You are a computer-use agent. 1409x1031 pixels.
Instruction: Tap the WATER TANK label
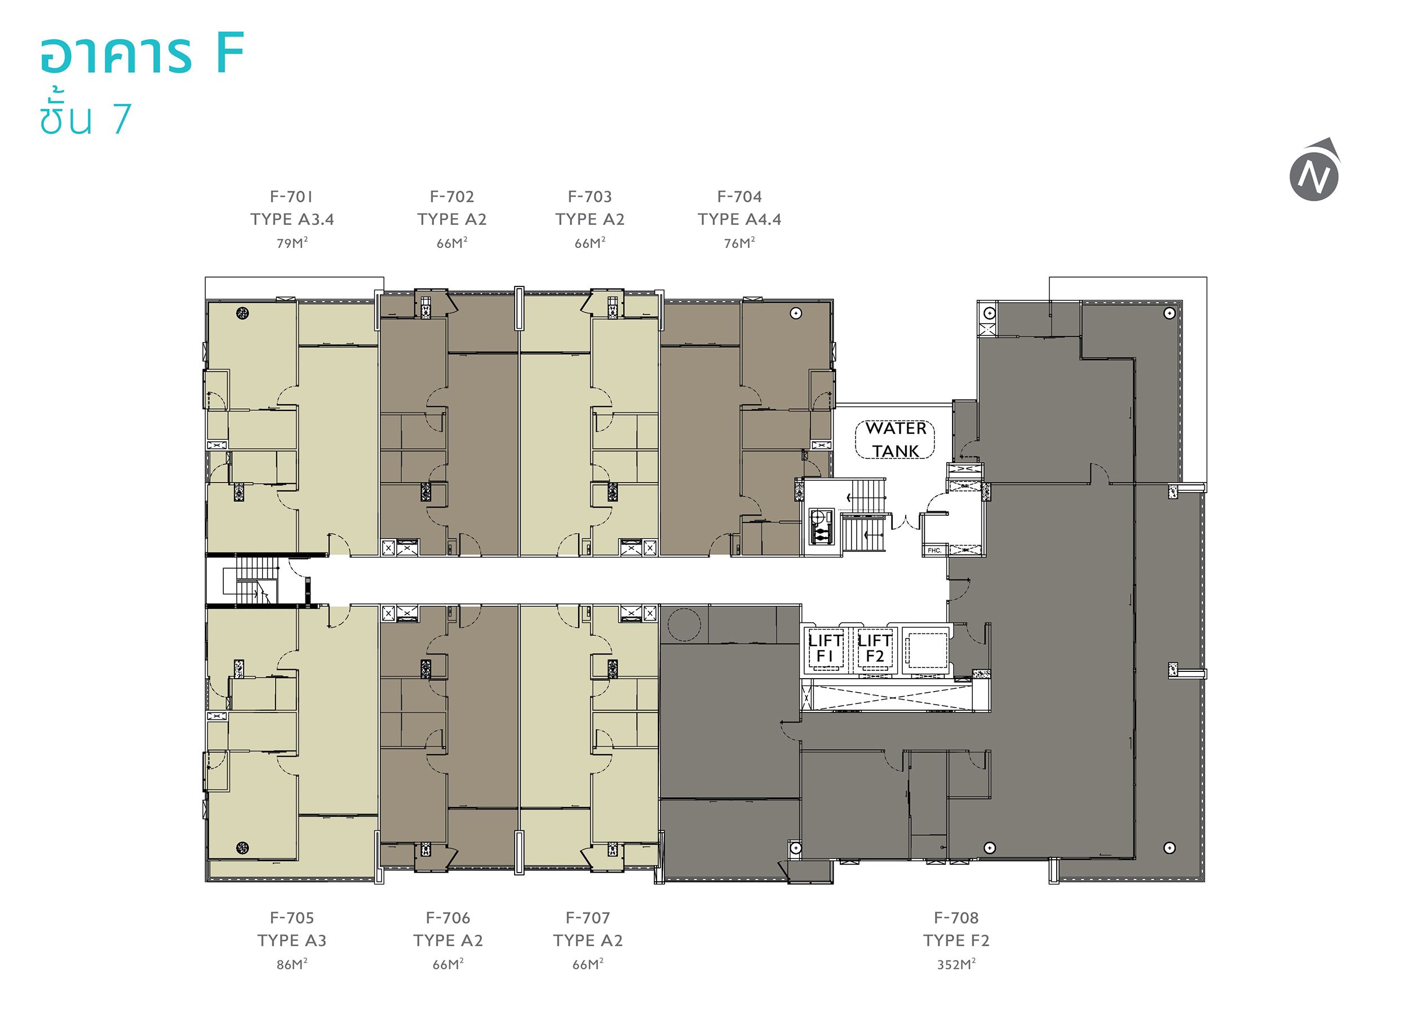point(896,439)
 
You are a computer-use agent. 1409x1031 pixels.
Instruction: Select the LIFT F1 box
point(825,648)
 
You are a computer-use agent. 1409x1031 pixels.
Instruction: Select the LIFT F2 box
point(874,648)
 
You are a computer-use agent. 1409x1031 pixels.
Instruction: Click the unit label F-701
point(291,197)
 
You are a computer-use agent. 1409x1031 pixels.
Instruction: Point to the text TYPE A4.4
point(739,219)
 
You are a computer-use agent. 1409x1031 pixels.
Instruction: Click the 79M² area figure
point(292,243)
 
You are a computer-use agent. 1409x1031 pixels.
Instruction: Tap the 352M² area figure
point(956,964)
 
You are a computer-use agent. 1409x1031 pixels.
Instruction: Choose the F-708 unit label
point(956,918)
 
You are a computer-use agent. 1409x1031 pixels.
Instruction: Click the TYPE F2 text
point(956,940)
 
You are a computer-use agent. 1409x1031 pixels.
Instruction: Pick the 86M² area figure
point(292,964)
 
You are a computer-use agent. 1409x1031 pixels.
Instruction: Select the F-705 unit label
point(292,918)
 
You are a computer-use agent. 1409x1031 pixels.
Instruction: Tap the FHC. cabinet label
point(934,550)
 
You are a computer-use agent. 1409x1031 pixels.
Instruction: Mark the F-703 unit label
point(590,197)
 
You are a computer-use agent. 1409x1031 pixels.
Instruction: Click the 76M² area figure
point(739,243)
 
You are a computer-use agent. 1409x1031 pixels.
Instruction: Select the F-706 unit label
point(448,918)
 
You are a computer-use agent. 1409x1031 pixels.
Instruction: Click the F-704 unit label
point(739,197)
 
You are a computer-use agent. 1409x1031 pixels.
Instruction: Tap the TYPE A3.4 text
point(292,219)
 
